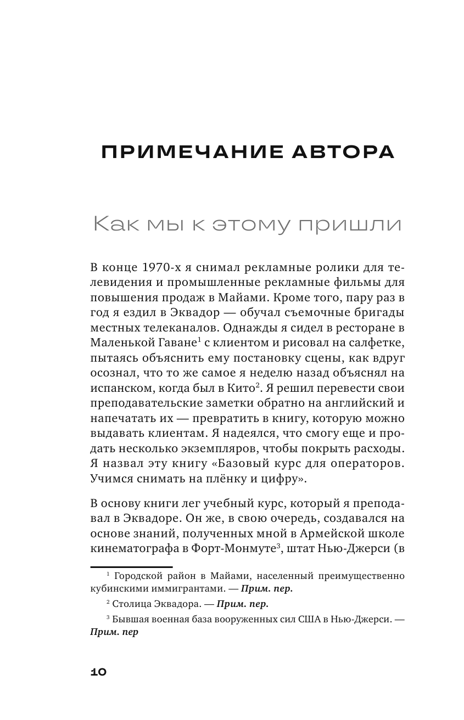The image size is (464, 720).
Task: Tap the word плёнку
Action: tap(219, 477)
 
